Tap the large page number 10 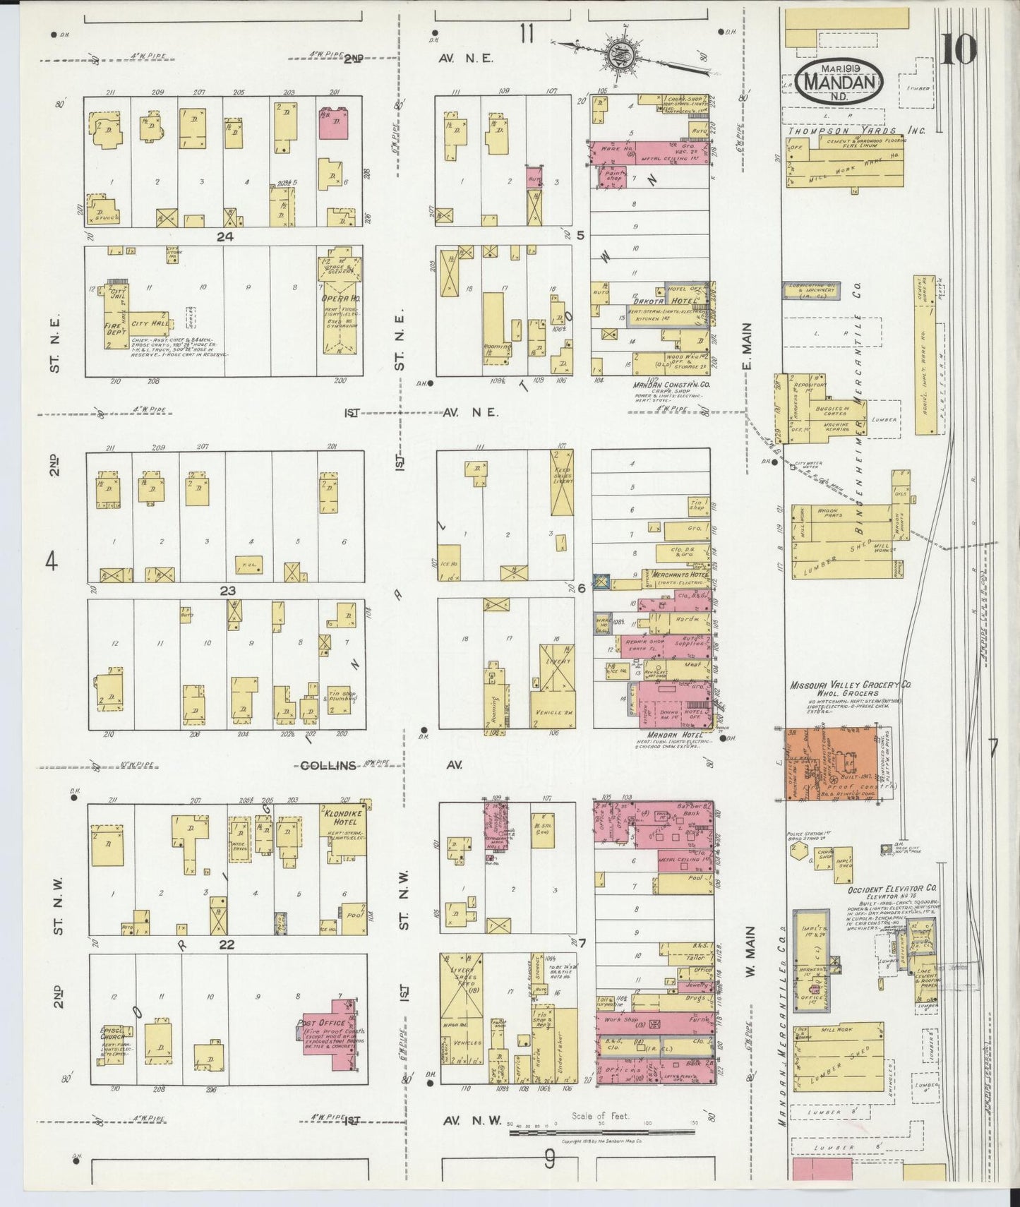958,49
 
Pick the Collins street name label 328,765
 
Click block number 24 225,236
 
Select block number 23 227,590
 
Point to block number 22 227,944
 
